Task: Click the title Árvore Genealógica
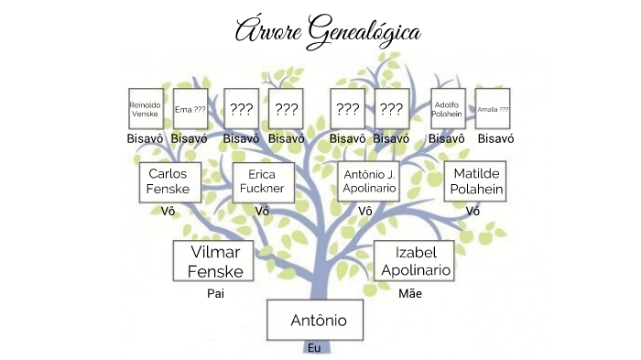click(328, 31)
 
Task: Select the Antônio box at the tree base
click(319, 321)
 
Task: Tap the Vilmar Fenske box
click(214, 262)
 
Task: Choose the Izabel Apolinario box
click(414, 261)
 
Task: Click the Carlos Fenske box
click(168, 181)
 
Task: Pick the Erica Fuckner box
click(263, 181)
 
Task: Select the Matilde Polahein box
click(473, 181)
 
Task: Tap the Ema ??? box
click(190, 109)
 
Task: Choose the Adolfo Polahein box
click(447, 109)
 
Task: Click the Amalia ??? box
click(493, 109)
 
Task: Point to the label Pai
click(215, 294)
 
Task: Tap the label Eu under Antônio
click(314, 348)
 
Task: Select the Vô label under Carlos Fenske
click(168, 211)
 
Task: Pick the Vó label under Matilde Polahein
click(473, 211)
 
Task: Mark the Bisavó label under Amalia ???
click(495, 138)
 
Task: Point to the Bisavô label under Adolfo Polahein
click(448, 138)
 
